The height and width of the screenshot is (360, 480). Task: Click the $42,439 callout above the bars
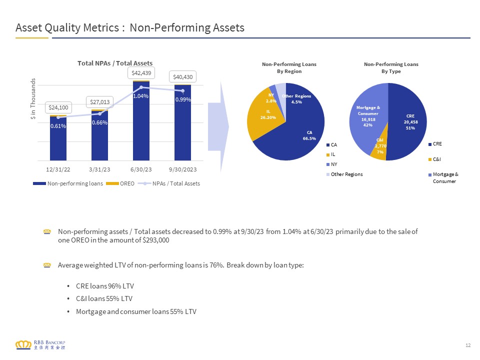(x=141, y=73)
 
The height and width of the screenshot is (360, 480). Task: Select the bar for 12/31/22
(x=58, y=138)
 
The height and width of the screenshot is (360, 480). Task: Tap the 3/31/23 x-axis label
(x=99, y=169)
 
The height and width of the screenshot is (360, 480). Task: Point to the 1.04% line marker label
(x=141, y=96)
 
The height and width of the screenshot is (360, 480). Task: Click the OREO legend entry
(x=120, y=183)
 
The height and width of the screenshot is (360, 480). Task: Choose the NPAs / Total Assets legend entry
(x=169, y=183)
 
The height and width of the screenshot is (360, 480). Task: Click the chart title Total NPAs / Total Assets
(x=115, y=63)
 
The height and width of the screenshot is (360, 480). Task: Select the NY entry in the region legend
(x=332, y=164)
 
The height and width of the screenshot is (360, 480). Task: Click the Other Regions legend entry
(x=344, y=174)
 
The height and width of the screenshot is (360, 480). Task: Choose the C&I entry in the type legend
(x=434, y=159)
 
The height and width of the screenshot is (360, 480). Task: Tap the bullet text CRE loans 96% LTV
(x=105, y=286)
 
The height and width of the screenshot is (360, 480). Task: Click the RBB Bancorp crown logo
(x=23, y=344)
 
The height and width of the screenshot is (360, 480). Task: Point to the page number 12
(x=468, y=345)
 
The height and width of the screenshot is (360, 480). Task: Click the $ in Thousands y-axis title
(x=33, y=98)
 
